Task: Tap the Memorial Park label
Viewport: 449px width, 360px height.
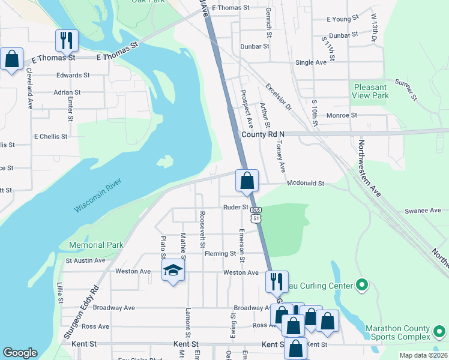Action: click(x=96, y=245)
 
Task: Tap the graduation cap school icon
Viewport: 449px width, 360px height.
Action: click(x=173, y=271)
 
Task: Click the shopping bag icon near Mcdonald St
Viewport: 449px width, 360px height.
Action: click(x=247, y=180)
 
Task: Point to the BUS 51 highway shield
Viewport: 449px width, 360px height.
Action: click(x=256, y=215)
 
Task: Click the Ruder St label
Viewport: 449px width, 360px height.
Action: click(x=236, y=207)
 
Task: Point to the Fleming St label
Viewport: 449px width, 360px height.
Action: click(x=220, y=254)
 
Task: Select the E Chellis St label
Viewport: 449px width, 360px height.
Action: click(x=50, y=137)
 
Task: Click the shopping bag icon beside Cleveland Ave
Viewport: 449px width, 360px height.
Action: click(x=12, y=59)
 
